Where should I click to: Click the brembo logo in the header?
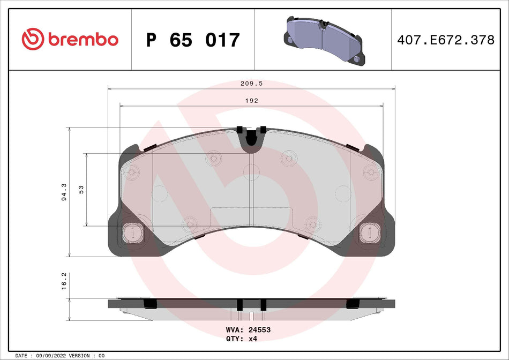click(x=70, y=39)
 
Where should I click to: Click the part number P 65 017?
click(x=193, y=40)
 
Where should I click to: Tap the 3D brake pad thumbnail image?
click(x=323, y=39)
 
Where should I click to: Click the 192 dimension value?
click(x=251, y=100)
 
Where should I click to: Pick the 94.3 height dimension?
click(x=64, y=192)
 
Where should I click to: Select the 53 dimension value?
click(x=81, y=190)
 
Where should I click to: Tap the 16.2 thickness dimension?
click(x=64, y=281)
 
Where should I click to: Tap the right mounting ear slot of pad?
click(x=368, y=231)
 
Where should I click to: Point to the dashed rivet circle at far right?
click(x=370, y=171)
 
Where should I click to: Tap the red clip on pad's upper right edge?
click(x=353, y=146)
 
